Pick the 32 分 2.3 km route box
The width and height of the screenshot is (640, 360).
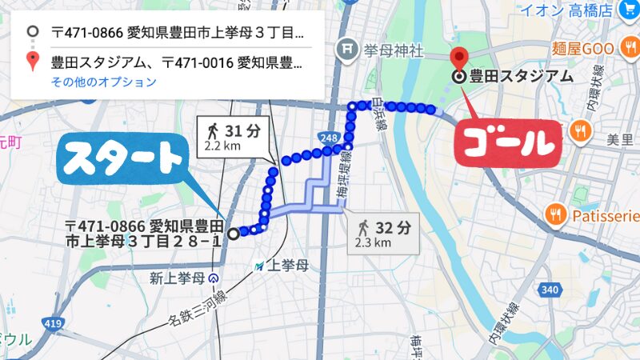(382, 232)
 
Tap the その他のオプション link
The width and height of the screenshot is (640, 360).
(103, 82)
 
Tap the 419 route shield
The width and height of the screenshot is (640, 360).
(52, 323)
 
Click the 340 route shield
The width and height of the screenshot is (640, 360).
(549, 290)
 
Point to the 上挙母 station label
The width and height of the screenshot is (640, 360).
(288, 266)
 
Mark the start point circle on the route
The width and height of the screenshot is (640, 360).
(233, 234)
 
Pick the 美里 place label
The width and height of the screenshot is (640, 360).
(619, 140)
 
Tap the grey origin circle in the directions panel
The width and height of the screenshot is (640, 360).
(33, 32)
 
